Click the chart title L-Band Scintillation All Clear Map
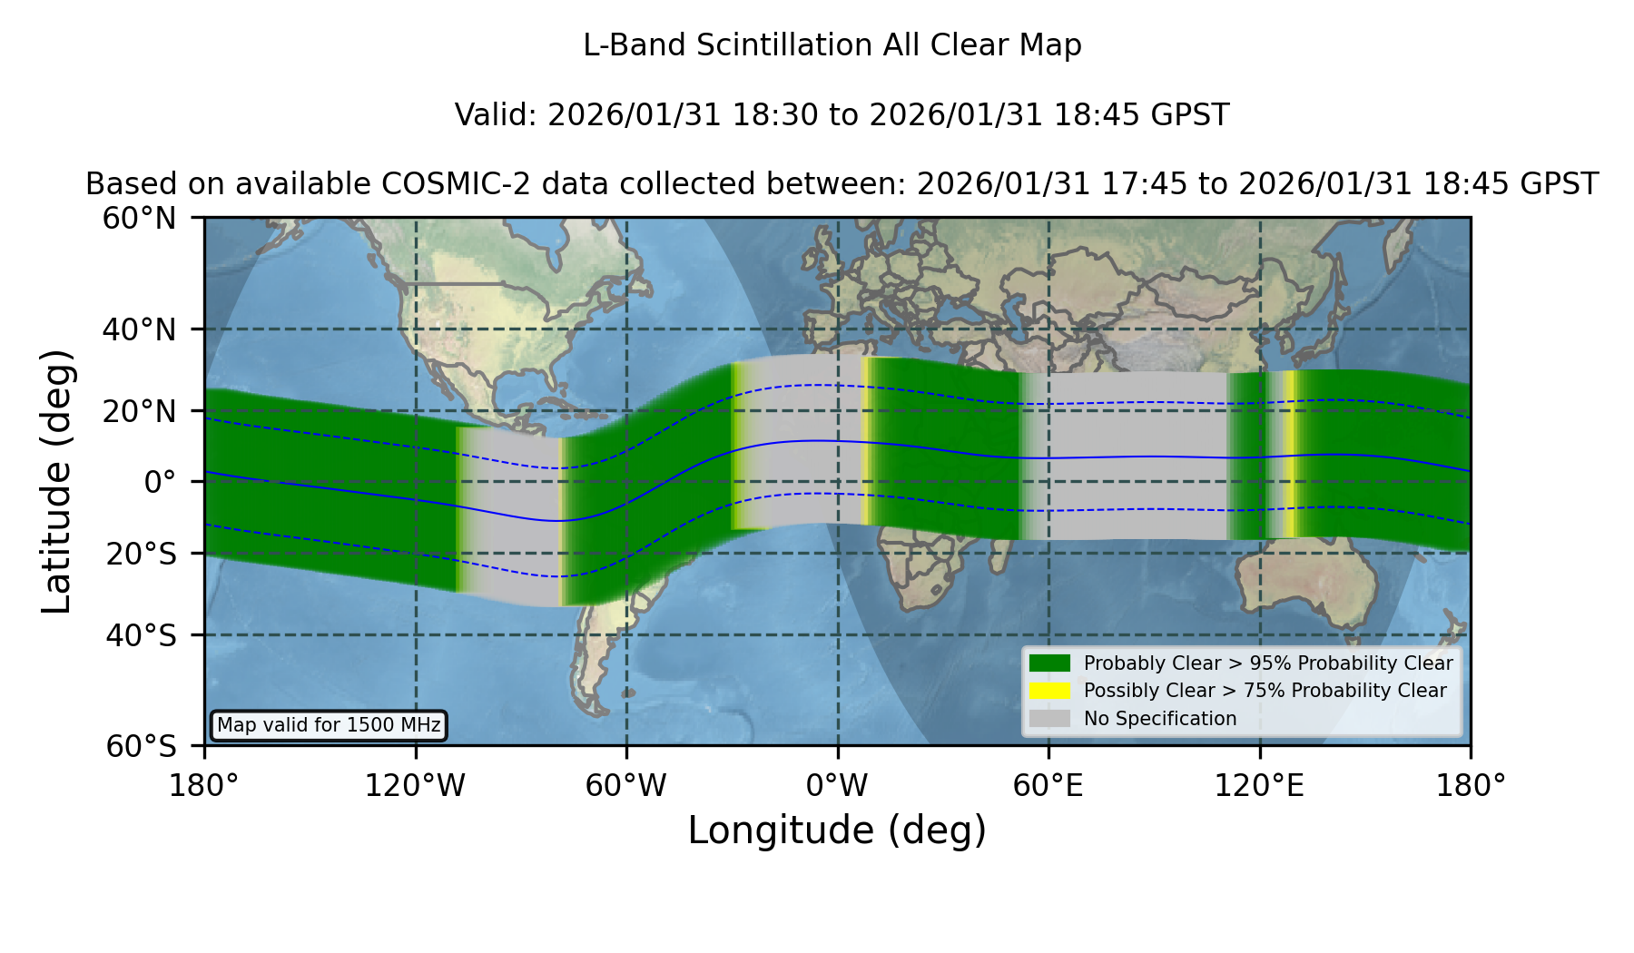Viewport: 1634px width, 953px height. (832, 45)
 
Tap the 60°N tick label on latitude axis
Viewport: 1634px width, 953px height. (139, 219)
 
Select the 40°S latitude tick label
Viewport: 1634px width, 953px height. (141, 635)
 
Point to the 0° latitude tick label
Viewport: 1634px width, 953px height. (160, 482)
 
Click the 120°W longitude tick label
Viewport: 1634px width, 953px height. (415, 785)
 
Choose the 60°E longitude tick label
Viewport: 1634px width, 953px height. (1048, 785)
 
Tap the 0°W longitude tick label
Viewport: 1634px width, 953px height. (837, 785)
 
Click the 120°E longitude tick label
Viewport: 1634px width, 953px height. (1259, 785)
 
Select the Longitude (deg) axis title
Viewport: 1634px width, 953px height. (837, 830)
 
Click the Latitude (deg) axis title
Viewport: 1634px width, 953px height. (56, 481)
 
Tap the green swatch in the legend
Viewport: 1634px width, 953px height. (1049, 663)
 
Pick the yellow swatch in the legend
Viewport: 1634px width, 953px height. (1049, 691)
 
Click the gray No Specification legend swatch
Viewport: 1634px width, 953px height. (1049, 719)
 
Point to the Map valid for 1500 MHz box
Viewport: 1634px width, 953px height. (329, 725)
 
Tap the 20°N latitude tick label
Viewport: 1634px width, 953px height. (139, 412)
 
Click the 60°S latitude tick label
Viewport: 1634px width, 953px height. (141, 747)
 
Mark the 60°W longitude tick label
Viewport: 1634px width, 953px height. (625, 785)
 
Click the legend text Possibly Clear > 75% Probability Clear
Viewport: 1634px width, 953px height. (1265, 691)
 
